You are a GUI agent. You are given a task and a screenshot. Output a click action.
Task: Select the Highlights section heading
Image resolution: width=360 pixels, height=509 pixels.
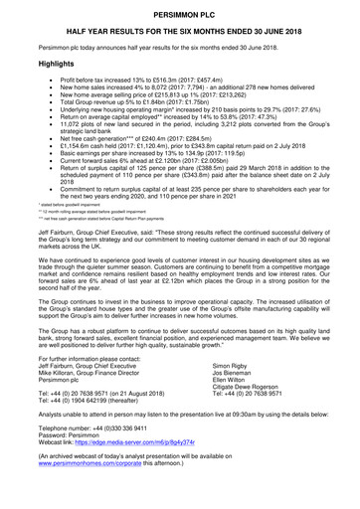tap(41, 62)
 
